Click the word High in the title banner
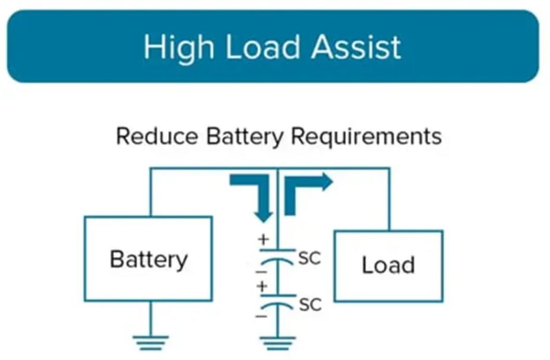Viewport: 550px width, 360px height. (x=178, y=47)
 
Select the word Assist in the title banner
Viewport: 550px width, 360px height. (x=356, y=47)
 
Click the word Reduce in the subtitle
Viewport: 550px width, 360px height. (x=157, y=136)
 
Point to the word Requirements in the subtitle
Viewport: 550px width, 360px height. (x=366, y=136)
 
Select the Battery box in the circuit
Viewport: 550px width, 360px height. (x=148, y=259)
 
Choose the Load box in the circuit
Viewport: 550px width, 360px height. (x=388, y=265)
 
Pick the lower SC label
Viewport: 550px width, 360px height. (x=310, y=304)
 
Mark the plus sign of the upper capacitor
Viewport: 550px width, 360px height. (x=263, y=240)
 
